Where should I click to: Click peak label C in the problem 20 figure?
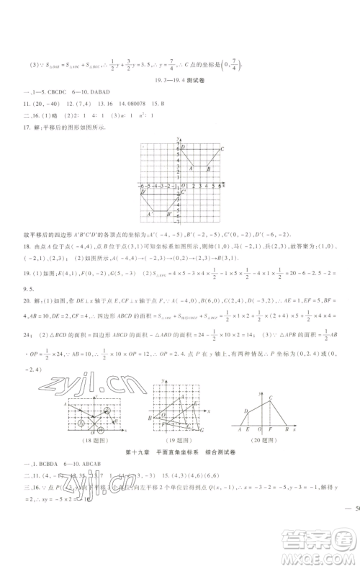point(270,398)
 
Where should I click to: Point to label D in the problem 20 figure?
point(246,411)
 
